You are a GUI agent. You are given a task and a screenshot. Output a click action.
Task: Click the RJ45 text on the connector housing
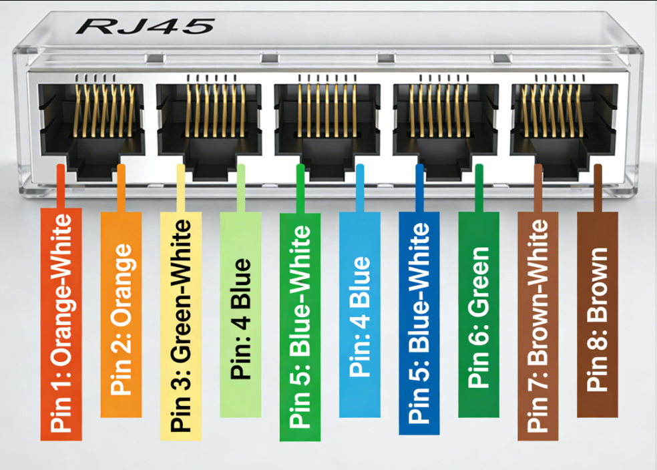click(146, 27)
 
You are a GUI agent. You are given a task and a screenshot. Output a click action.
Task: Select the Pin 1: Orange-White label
click(61, 324)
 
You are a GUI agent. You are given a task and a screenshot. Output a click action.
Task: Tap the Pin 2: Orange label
click(121, 314)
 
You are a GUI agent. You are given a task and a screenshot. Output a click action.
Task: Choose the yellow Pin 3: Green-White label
click(181, 326)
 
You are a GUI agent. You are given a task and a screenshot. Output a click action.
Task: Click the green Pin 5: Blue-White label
click(300, 327)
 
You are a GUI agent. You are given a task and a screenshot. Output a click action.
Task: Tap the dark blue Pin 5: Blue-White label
click(419, 324)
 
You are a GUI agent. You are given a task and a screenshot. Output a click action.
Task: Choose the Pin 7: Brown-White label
click(538, 326)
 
